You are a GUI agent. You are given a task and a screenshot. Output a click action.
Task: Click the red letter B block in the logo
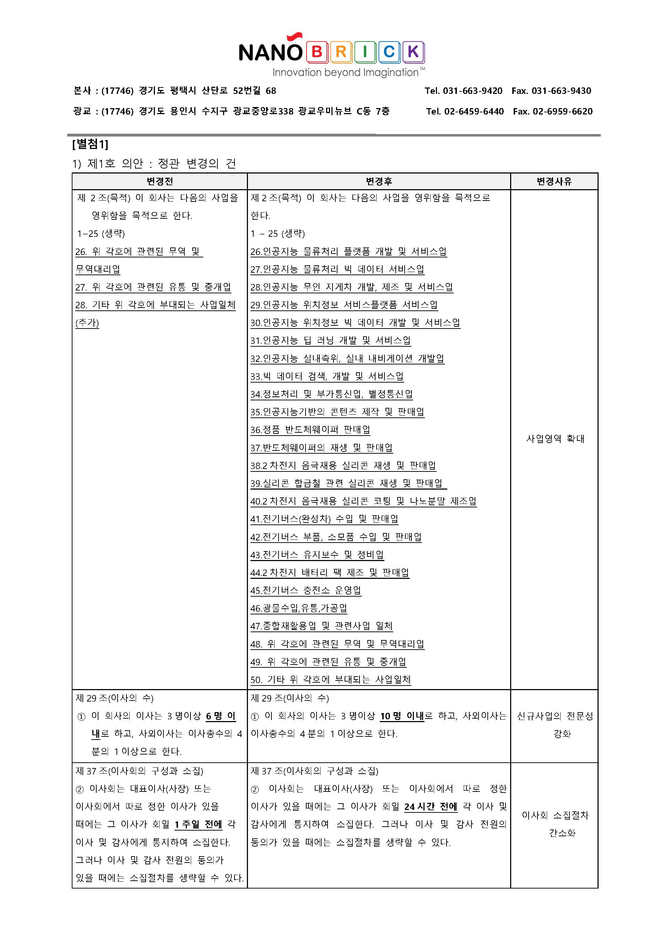pos(317,52)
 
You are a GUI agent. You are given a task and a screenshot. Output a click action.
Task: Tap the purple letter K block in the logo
pos(413,52)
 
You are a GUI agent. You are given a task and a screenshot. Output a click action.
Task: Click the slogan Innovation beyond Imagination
pos(346,73)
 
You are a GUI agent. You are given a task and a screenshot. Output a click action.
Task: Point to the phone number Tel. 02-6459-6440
pos(465,112)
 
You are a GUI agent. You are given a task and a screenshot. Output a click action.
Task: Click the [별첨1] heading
pos(90,144)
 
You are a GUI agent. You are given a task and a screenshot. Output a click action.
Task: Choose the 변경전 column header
pos(160,181)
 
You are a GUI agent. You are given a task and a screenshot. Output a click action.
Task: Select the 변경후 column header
pos(379,181)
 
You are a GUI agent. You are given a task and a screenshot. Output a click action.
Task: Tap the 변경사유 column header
pos(554,181)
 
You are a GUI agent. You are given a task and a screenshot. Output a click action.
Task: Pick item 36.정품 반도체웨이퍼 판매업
pos(310,430)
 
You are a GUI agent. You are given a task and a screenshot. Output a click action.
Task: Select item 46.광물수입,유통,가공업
pos(299,608)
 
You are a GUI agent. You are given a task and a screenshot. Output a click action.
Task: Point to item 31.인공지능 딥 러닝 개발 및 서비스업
pos(330,341)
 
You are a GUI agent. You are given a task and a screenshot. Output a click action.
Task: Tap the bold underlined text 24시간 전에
pos(431,806)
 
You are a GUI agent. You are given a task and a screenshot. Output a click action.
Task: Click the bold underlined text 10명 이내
pos(402,716)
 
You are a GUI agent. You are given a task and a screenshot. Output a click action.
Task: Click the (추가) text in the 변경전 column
pos(87,323)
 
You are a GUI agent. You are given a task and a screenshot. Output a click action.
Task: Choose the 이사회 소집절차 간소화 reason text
pos(555,824)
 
